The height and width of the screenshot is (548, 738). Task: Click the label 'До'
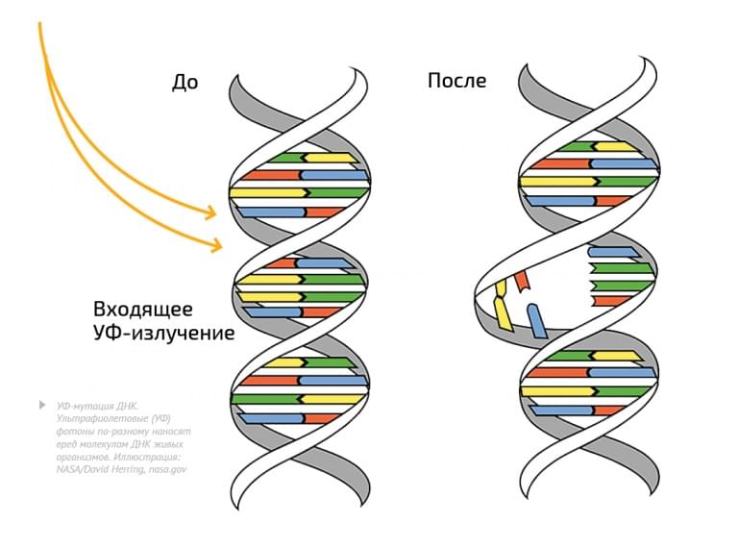click(184, 83)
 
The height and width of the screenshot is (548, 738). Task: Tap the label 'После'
click(456, 81)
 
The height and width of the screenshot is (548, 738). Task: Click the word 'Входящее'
click(143, 310)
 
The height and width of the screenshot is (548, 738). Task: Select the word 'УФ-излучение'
click(163, 335)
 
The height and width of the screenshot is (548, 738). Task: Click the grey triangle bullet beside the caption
click(41, 406)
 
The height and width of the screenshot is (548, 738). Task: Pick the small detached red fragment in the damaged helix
click(521, 280)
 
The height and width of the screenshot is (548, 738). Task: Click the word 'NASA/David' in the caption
click(84, 469)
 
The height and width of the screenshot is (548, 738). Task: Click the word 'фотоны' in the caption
click(74, 432)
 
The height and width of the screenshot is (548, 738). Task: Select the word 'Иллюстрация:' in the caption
click(151, 457)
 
